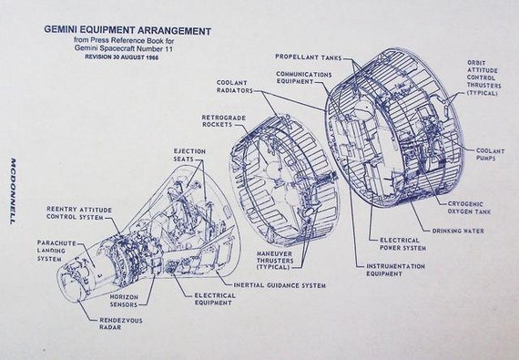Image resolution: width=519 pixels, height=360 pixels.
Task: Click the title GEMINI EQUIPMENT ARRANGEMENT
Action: (127, 30)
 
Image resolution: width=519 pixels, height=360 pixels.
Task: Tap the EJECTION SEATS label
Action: (188, 156)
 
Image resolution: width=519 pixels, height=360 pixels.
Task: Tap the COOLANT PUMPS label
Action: (493, 155)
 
